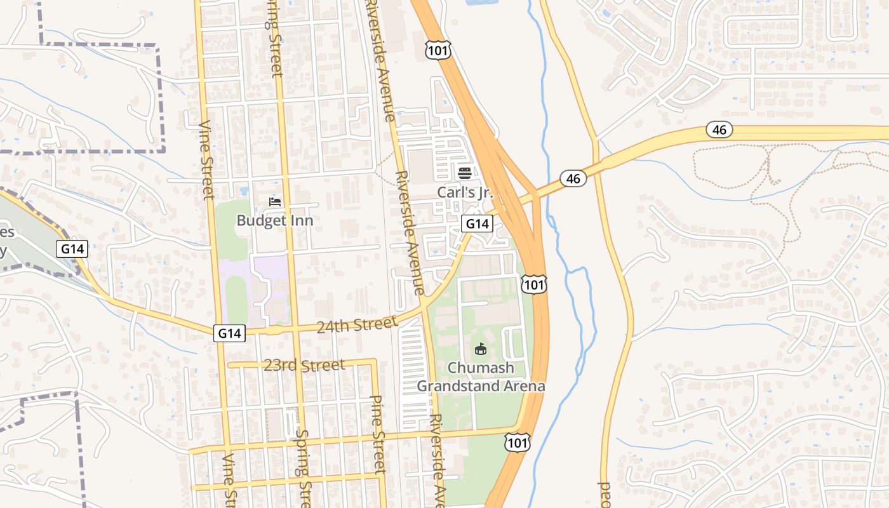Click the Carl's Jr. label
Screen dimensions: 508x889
pyautogui.click(x=465, y=192)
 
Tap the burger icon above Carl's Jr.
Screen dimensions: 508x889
pyautogui.click(x=464, y=173)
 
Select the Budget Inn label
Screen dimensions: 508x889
pyautogui.click(x=274, y=220)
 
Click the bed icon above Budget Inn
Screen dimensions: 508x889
pyautogui.click(x=275, y=202)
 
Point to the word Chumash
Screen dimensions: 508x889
pyautogui.click(x=480, y=368)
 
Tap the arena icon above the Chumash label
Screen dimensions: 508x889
pyautogui.click(x=481, y=349)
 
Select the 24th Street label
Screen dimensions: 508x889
pyautogui.click(x=358, y=324)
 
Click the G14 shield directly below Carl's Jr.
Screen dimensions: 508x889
pyautogui.click(x=477, y=224)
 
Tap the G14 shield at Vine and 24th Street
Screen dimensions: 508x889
pyautogui.click(x=229, y=333)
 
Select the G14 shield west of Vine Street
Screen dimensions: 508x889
pyautogui.click(x=72, y=249)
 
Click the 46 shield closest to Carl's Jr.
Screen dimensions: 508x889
pyautogui.click(x=573, y=178)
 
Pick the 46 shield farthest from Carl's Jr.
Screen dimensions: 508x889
pyautogui.click(x=719, y=130)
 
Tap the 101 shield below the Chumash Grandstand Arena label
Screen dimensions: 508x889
pyautogui.click(x=518, y=442)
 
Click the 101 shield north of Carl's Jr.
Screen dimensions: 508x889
pyautogui.click(x=438, y=51)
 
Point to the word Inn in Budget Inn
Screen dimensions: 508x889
pyautogui.click(x=302, y=220)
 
